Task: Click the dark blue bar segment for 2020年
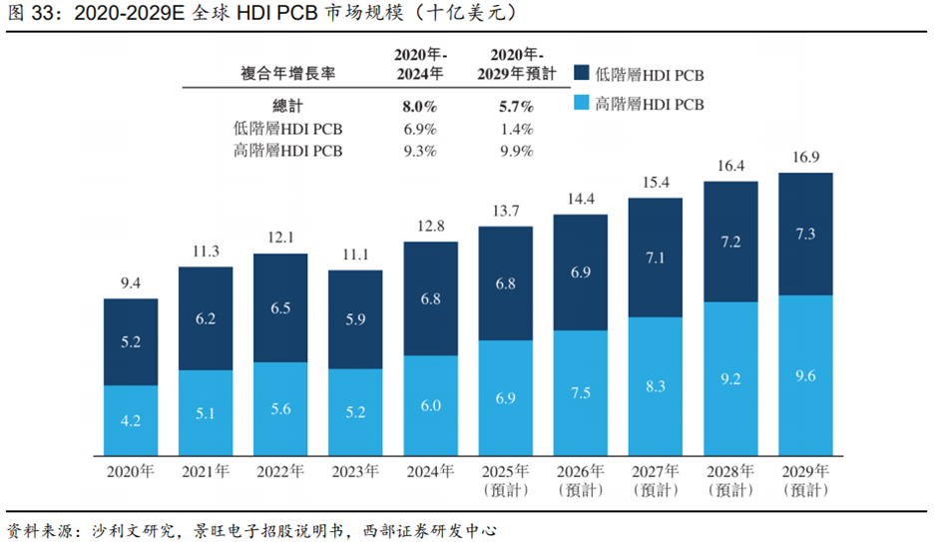click(131, 342)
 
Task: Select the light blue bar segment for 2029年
click(805, 375)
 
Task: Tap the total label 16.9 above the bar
click(806, 157)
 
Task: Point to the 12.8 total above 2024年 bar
click(431, 226)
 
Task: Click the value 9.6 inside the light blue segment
click(805, 375)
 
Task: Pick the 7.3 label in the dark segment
click(805, 234)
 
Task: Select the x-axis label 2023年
click(356, 471)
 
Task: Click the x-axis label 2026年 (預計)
click(581, 480)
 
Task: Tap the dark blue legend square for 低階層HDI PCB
click(582, 73)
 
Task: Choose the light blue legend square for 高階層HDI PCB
click(582, 102)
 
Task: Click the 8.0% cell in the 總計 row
click(420, 106)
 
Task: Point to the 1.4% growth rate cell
click(516, 129)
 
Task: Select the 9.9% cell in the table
click(516, 151)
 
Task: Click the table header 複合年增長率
click(287, 74)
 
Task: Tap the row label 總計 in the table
click(287, 106)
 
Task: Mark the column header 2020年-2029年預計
click(516, 64)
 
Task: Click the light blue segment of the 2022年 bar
click(280, 409)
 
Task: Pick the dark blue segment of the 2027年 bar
click(656, 258)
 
